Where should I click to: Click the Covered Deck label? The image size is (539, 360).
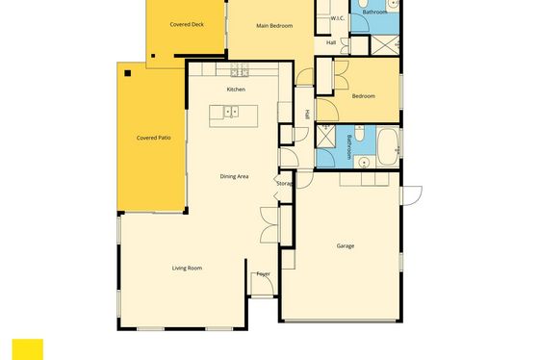[187, 24]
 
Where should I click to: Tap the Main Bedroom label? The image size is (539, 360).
[274, 26]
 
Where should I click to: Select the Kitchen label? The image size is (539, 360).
[236, 90]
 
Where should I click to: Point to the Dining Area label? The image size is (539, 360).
[234, 176]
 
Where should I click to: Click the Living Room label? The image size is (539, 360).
[187, 269]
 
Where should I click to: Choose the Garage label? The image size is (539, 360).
[346, 245]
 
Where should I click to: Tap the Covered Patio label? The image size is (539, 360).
[153, 138]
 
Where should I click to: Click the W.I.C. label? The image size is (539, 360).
[337, 18]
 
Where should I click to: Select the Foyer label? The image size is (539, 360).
[264, 274]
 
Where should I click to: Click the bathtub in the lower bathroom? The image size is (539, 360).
[388, 147]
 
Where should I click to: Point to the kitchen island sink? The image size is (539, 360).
[231, 112]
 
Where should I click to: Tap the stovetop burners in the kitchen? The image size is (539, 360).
[240, 70]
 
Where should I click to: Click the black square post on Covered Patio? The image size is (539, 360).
[127, 73]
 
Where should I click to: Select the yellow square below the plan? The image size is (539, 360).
[28, 349]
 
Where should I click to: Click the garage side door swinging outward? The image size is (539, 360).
[412, 195]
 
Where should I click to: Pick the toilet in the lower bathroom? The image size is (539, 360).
[359, 134]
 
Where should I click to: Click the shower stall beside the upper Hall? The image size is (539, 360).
[385, 44]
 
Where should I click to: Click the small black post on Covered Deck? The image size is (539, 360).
[153, 56]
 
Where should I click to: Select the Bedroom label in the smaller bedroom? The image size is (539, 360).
[364, 96]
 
